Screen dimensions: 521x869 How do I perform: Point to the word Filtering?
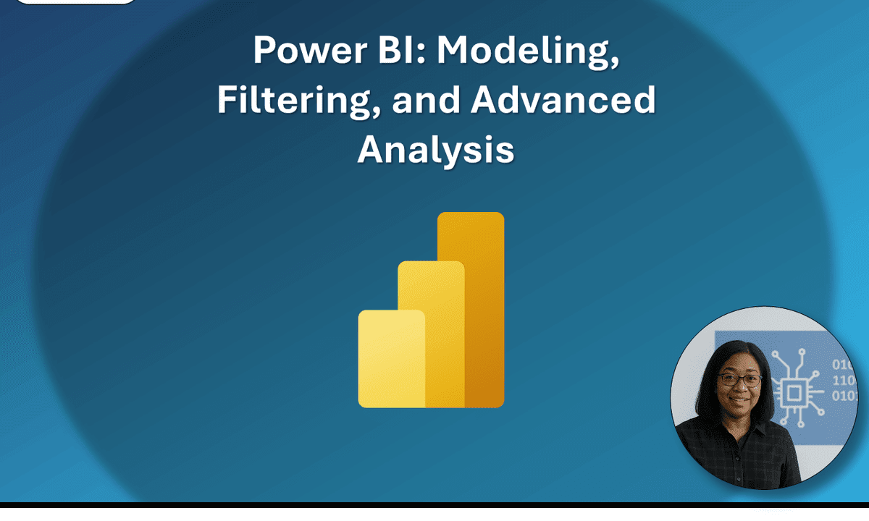295,101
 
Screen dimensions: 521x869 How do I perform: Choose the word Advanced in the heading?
563,101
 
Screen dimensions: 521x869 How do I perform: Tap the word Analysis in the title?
436,151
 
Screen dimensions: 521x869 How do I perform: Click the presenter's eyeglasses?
739,379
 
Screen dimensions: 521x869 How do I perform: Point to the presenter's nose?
740,389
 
